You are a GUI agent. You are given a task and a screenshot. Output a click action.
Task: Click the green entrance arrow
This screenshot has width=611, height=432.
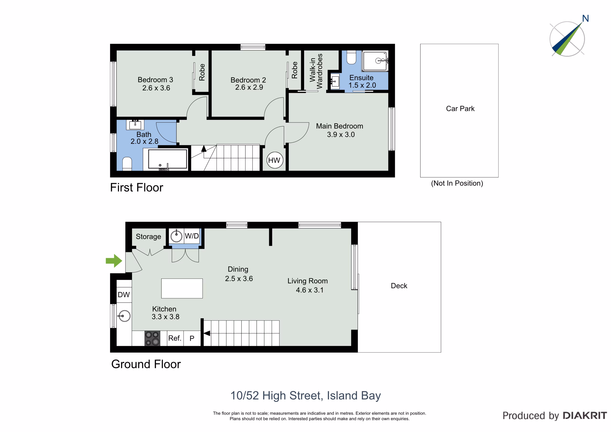coord(114,261)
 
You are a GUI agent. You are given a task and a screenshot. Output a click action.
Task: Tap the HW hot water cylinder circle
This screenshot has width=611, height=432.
coord(275,160)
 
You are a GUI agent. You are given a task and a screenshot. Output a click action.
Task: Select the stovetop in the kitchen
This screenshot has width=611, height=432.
coord(152,338)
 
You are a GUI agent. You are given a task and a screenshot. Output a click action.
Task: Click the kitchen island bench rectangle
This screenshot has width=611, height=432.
coord(182,288)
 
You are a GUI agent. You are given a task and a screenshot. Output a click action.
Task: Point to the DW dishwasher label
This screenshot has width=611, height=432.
coord(124,295)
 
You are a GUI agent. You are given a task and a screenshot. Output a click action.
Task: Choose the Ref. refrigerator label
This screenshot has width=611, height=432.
coord(174,338)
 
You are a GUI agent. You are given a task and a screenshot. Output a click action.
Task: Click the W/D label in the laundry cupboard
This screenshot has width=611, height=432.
coord(192,236)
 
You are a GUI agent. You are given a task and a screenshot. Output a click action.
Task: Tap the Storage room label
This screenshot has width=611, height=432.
coord(148,237)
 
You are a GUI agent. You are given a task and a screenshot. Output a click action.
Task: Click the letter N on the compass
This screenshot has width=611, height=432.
coord(585,18)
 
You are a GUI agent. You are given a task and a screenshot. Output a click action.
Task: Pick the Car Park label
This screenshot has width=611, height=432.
coord(460,109)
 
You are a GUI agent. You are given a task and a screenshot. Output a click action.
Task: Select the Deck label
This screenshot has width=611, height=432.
coord(399,286)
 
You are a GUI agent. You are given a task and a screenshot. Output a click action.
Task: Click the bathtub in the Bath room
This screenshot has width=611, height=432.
coord(167,159)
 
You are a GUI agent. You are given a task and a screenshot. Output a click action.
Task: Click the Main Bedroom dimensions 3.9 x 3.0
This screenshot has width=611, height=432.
coord(341,134)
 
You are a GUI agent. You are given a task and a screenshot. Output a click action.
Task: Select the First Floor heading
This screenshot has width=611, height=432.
coord(137,187)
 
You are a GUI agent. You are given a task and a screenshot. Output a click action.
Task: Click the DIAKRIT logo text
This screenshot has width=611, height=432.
coord(585,416)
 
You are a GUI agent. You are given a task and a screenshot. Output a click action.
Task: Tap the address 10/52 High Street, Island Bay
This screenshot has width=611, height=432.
coord(305,396)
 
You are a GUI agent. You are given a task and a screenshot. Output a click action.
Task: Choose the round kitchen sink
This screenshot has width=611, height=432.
coord(124,316)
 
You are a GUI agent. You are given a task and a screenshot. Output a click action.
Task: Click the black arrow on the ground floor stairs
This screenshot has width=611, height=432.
coord(207,333)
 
